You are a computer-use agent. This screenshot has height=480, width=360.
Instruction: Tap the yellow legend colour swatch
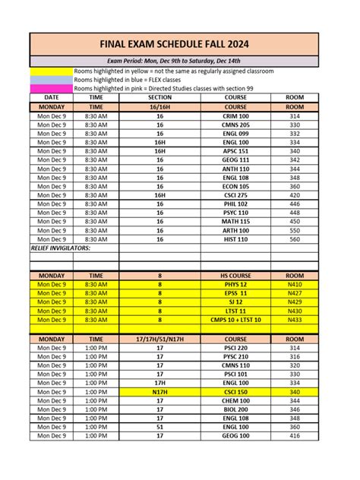pyautogui.click(x=51, y=71)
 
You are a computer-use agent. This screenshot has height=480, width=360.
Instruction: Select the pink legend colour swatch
pyautogui.click(x=51, y=89)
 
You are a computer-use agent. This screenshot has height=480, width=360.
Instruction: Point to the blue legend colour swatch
pyautogui.click(x=51, y=80)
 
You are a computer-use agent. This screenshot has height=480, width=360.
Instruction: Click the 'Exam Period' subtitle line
pyautogui.click(x=180, y=60)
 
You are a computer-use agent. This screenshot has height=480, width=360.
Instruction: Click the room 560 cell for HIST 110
pyautogui.click(x=295, y=238)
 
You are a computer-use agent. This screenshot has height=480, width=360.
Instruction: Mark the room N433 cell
pyautogui.click(x=295, y=320)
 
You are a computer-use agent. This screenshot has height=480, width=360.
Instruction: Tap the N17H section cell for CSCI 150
pyautogui.click(x=159, y=392)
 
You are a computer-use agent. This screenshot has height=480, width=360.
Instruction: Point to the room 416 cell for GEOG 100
pyautogui.click(x=295, y=436)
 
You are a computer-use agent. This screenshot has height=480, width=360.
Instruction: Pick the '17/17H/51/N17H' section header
pyautogui.click(x=159, y=339)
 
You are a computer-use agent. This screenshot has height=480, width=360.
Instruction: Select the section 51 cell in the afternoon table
pyautogui.click(x=159, y=427)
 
